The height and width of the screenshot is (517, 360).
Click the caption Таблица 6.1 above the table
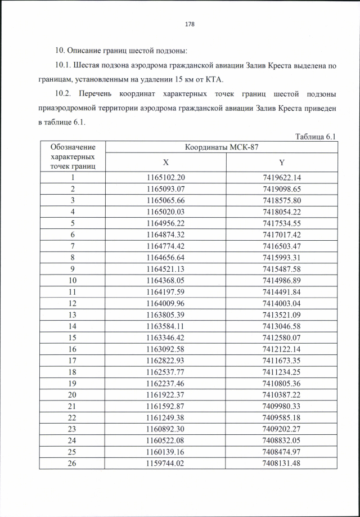315,137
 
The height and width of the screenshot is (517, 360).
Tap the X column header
166,163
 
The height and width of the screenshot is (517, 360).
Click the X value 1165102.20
165,178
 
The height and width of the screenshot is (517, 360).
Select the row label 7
73,246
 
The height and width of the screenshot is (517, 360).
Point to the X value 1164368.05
165,280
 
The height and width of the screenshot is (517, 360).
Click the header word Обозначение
73,147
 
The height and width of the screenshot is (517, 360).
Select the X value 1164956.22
165,223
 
